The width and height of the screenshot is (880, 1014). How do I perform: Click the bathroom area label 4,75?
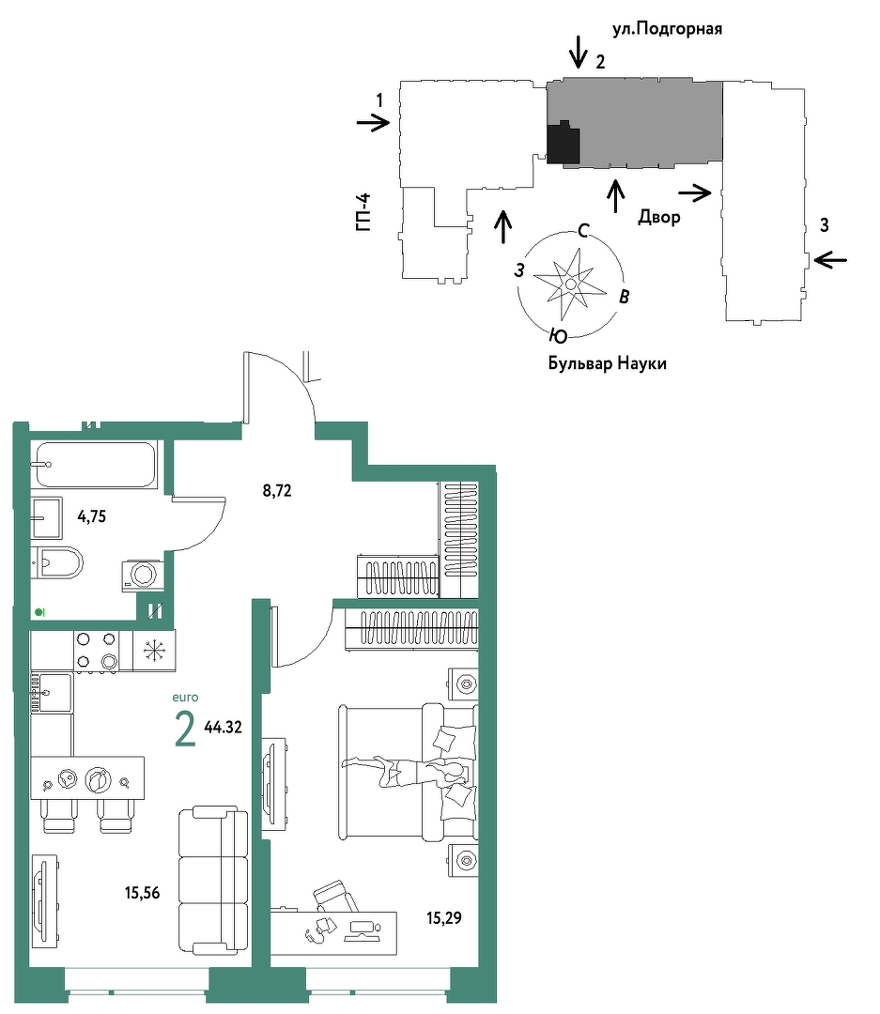(91, 516)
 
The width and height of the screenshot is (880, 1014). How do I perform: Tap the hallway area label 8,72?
(277, 491)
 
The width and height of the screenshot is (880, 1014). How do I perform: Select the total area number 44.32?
(223, 727)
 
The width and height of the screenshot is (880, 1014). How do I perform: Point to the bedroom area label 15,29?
(444, 917)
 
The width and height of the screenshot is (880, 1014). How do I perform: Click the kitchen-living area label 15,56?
(143, 893)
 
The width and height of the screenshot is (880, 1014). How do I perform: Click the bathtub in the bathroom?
(96, 465)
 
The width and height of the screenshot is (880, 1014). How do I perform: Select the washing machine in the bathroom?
(143, 575)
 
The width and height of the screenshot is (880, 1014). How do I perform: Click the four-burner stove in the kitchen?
(96, 651)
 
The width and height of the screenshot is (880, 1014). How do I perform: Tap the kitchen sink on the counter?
(51, 692)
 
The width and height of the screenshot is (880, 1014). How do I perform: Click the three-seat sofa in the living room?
(213, 880)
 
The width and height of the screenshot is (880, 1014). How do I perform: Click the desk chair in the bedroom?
(335, 897)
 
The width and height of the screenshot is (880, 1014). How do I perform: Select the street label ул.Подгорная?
(667, 29)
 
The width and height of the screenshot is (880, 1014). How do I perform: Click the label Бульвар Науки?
(607, 363)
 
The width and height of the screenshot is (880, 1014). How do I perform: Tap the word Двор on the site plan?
(658, 217)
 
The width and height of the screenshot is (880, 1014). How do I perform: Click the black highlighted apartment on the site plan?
(563, 143)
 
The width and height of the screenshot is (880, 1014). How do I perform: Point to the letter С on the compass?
(583, 230)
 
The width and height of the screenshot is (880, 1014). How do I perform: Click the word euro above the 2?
(185, 697)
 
